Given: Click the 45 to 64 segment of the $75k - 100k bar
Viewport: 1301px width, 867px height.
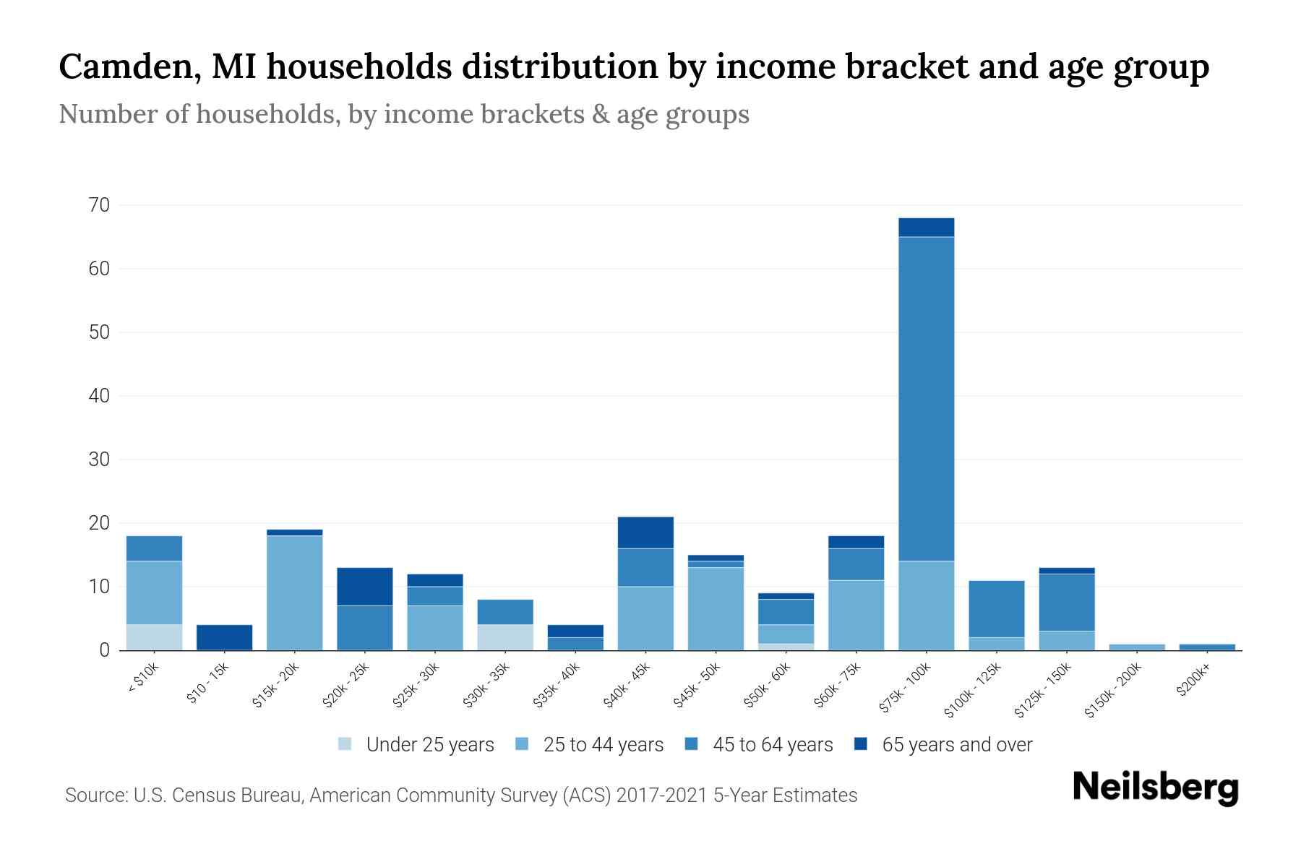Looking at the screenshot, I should pos(926,399).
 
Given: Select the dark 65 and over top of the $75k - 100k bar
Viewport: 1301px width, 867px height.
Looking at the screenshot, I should pos(926,228).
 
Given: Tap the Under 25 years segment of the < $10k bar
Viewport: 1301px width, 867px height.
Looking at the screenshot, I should pos(154,637).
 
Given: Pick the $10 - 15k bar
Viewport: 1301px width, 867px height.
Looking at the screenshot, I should pos(224,637).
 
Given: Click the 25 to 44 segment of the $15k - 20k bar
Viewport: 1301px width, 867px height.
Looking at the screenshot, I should pos(294,592).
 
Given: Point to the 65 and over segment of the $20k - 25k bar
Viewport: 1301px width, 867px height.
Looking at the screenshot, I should pos(364,587).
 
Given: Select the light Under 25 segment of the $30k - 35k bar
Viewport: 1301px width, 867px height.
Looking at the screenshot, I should pos(504,637).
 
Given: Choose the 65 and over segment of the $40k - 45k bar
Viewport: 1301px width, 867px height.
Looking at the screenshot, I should pos(645,532).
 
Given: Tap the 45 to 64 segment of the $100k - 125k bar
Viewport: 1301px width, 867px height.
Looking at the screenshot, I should pos(996,608).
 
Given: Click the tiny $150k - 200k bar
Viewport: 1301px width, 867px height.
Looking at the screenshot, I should pos(1136,647).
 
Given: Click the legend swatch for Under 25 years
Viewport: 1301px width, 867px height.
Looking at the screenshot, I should pos(345,744).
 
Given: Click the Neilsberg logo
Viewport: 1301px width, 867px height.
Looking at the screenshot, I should pos(1155,788).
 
